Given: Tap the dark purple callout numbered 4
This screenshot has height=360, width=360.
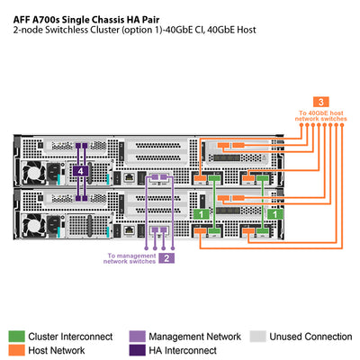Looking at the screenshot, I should point(82,169).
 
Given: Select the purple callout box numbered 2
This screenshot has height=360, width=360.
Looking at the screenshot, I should point(166,258).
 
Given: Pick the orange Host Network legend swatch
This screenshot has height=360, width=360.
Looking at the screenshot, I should point(17,350).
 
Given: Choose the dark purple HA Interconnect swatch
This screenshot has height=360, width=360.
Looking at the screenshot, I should point(138,350).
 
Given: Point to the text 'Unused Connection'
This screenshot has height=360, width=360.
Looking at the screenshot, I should point(310,337).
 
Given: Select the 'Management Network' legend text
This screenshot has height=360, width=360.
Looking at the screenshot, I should point(195,337).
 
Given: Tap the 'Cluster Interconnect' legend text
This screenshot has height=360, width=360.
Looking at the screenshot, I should point(70,337).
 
